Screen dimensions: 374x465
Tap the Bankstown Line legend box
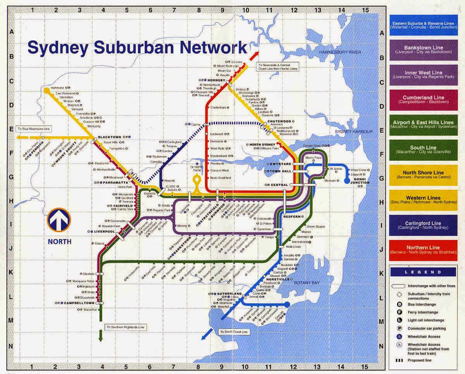[x=423, y=50]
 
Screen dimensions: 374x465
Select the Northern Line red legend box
[x=423, y=250]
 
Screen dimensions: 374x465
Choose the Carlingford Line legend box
[x=423, y=225]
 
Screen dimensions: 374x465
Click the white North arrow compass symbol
[x=59, y=220]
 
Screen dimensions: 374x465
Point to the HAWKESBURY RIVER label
[x=339, y=52]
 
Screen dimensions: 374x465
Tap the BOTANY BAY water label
[x=307, y=283]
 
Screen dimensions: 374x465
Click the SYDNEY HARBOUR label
[x=354, y=132]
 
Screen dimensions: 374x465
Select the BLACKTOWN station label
[x=110, y=137]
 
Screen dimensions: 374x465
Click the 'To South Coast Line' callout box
[x=233, y=332]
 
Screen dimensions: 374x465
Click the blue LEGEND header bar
[x=423, y=272]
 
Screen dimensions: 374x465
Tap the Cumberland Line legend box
[x=423, y=100]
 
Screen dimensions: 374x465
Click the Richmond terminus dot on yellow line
[x=46, y=90]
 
